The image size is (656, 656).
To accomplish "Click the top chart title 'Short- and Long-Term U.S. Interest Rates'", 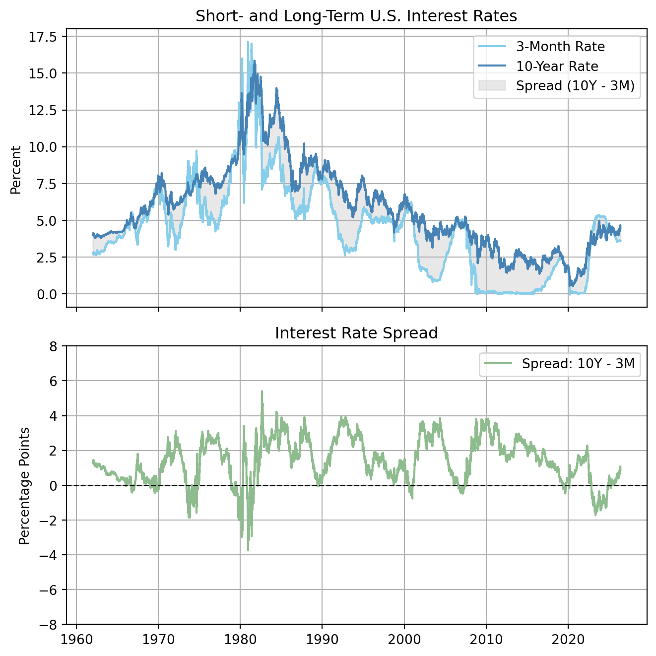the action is (356, 16).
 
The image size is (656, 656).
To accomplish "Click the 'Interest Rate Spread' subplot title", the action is (356, 333).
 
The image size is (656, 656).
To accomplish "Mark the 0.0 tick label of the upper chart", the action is (47, 294).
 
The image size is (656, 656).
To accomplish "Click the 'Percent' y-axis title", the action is (16, 170).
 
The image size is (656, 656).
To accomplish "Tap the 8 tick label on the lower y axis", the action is (54, 346).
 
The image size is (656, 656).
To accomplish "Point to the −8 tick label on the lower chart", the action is (49, 625).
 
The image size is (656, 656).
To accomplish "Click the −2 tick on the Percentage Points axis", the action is (49, 521).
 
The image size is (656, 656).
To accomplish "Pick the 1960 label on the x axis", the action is (76, 639).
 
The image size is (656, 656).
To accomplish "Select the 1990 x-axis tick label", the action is (322, 639).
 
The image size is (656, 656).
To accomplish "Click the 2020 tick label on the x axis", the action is (568, 639).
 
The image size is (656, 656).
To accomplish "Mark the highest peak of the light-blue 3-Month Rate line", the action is (248, 42).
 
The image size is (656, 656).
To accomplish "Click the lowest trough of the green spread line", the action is (248, 550).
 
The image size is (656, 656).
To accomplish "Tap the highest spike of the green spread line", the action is (262, 391).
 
